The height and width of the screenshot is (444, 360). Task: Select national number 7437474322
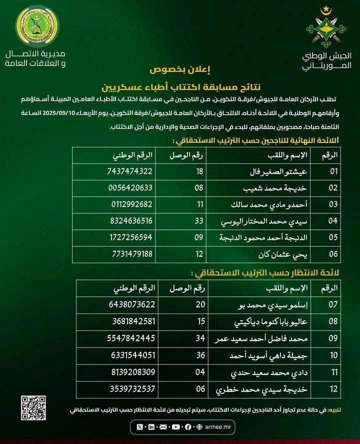click(x=129, y=171)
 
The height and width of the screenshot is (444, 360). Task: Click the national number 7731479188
click(x=129, y=253)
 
